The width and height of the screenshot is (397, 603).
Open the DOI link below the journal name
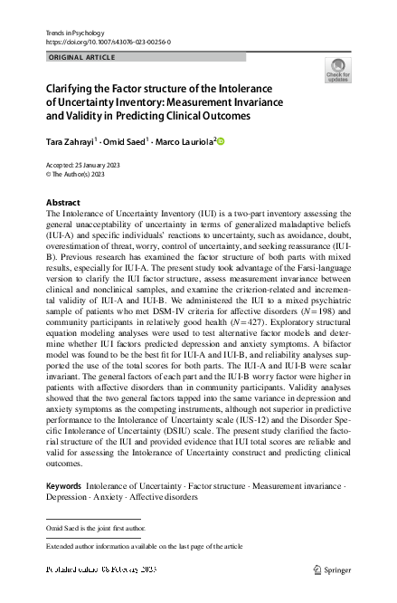click(107, 42)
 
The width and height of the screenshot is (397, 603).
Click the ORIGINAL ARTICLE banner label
click(80, 57)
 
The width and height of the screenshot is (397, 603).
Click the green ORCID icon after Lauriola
click(219, 141)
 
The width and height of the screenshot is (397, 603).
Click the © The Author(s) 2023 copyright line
click(75, 174)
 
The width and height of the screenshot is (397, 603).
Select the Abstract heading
click(63, 201)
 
